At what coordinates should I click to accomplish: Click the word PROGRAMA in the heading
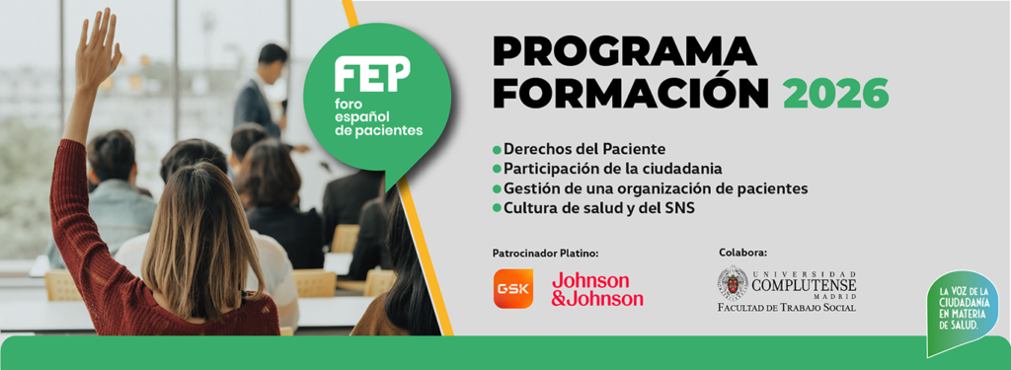[624, 52]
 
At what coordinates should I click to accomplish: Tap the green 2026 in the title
[836, 94]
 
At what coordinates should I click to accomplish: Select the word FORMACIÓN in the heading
[630, 94]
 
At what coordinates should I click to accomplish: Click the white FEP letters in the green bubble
[371, 75]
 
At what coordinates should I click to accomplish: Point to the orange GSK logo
[512, 288]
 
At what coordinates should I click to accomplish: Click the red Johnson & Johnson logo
[597, 288]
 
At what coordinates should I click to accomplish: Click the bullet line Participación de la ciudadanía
[612, 169]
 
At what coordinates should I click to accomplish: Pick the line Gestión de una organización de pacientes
[656, 188]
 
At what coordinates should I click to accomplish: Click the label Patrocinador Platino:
[545, 253]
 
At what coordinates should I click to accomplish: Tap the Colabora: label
[742, 253]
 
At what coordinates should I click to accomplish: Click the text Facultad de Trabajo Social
[787, 308]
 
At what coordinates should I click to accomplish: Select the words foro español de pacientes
[377, 116]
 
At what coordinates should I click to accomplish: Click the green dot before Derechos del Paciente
[497, 150]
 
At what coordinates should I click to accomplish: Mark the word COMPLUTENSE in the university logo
[804, 285]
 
